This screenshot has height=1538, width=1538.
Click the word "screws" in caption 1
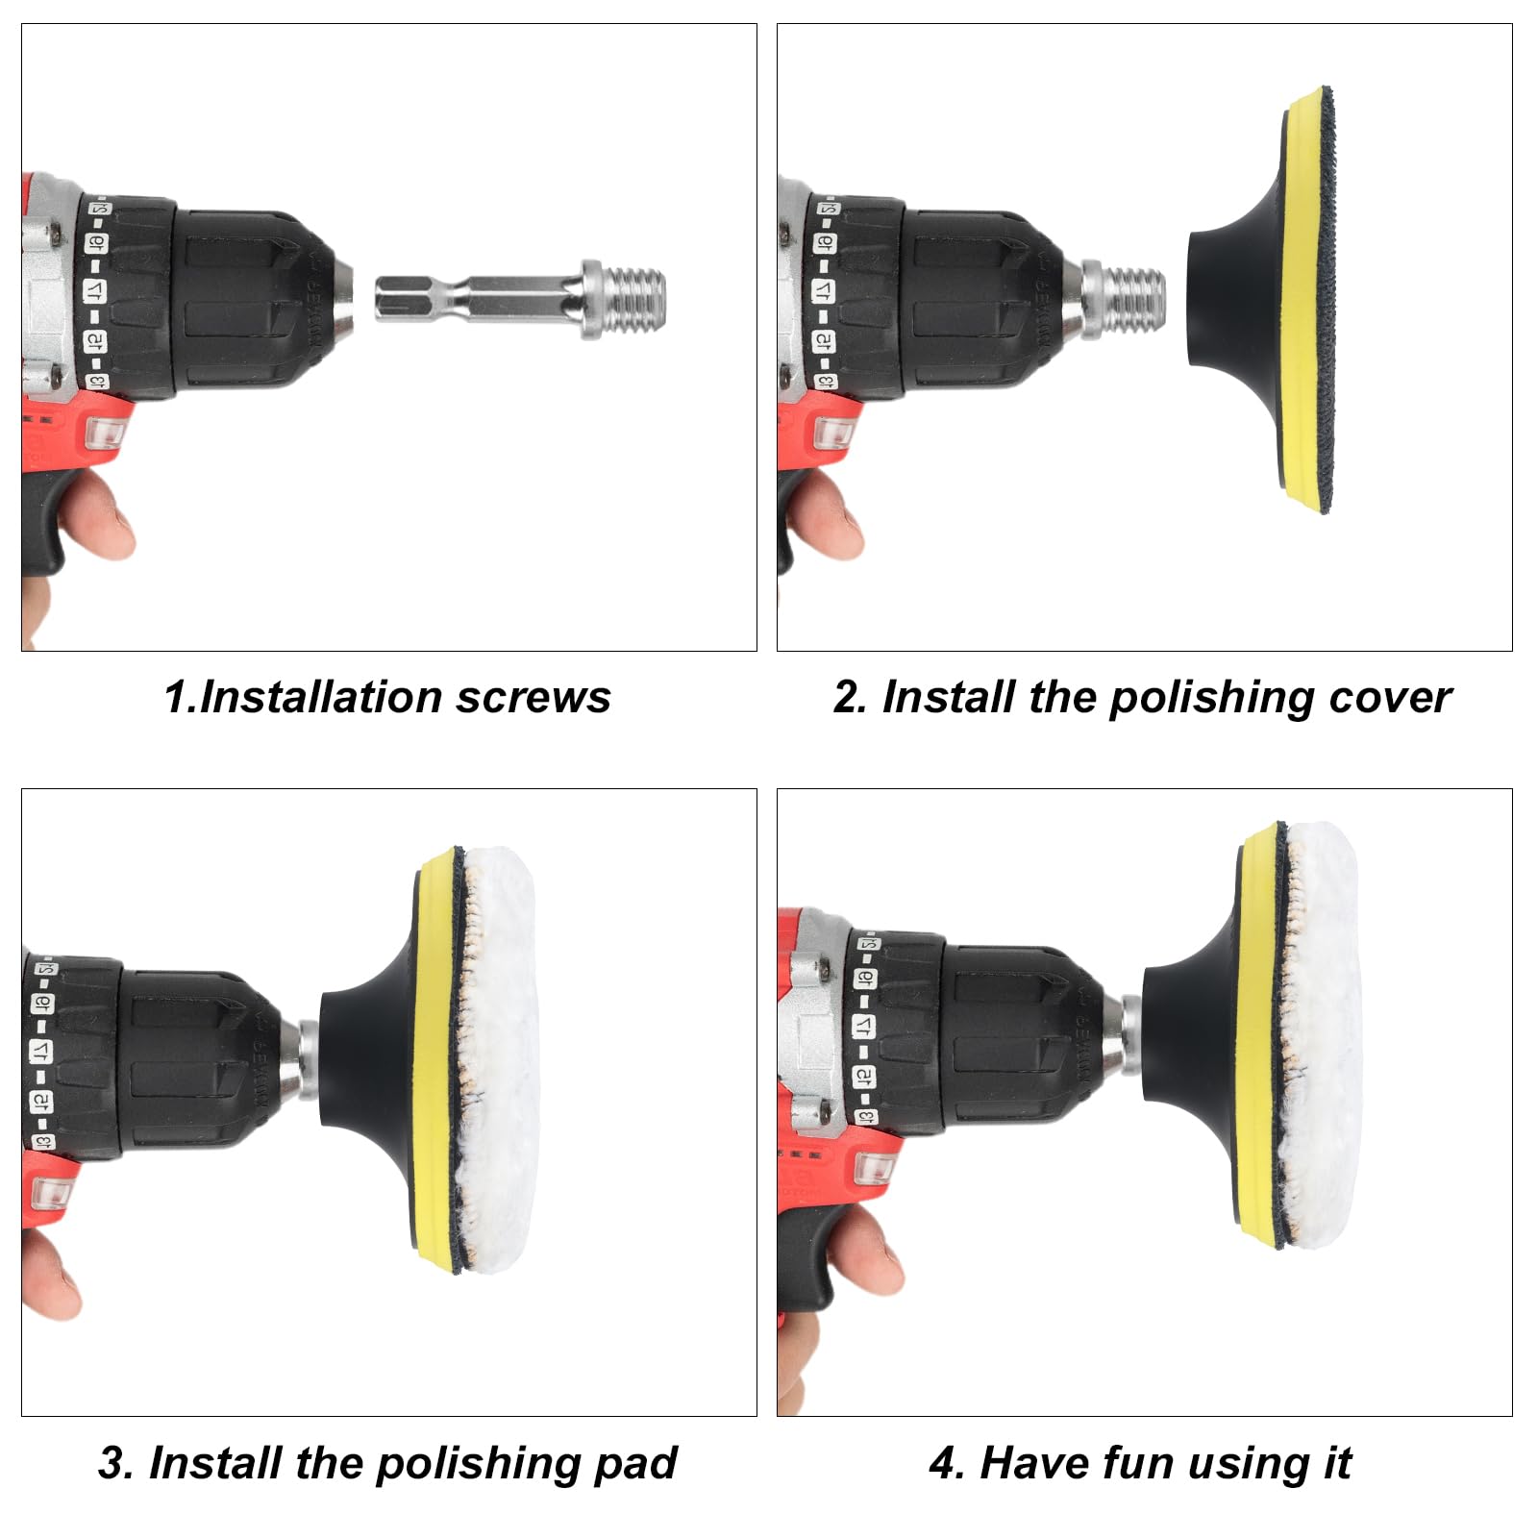pos(533,698)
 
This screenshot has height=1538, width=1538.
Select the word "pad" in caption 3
pos(636,1464)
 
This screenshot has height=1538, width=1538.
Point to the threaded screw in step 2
pos(1134,300)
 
